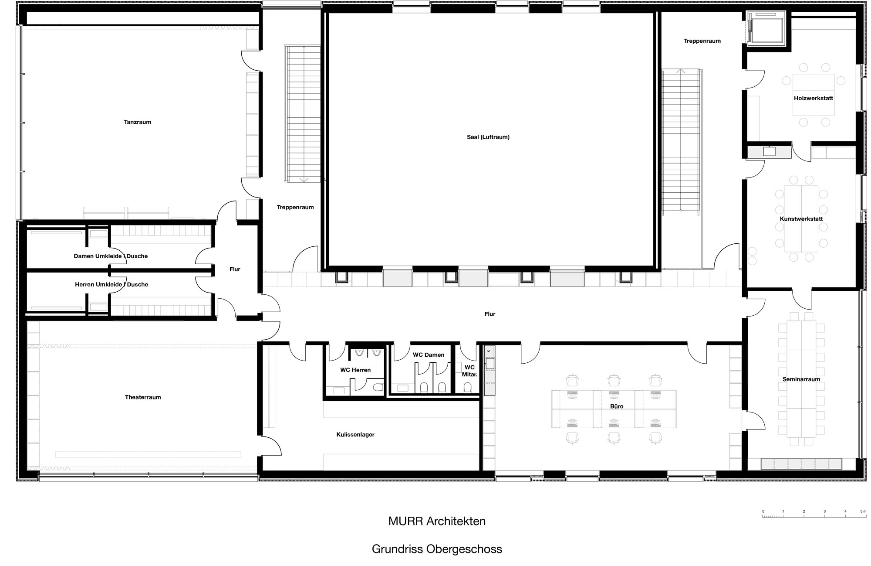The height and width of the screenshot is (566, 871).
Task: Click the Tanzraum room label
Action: click(x=137, y=122)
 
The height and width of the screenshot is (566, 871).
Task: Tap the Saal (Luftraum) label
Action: click(x=488, y=137)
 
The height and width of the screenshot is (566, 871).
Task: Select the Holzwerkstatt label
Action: click(x=814, y=98)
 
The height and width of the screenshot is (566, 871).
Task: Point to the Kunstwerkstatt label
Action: click(x=801, y=219)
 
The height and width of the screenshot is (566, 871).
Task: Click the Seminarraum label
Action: click(x=801, y=379)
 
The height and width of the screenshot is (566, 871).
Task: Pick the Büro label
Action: click(x=617, y=406)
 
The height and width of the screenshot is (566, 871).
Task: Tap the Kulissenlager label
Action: click(x=355, y=435)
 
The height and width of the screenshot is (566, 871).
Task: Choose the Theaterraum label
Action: click(x=143, y=397)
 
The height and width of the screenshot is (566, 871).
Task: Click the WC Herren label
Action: click(x=355, y=370)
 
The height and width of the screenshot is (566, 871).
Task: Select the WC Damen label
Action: click(x=429, y=355)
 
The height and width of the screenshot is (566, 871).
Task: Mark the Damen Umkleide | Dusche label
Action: click(x=111, y=256)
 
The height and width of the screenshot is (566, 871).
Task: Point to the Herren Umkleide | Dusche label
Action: click(x=111, y=284)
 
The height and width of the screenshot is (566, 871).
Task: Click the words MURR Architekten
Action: click(x=437, y=521)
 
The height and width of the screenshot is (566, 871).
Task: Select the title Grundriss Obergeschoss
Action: click(x=437, y=549)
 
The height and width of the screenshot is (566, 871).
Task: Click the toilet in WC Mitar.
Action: click(x=468, y=387)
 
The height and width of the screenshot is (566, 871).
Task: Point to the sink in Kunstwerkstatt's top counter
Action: click(x=769, y=151)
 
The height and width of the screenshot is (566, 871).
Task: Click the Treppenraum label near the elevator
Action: click(x=702, y=41)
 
